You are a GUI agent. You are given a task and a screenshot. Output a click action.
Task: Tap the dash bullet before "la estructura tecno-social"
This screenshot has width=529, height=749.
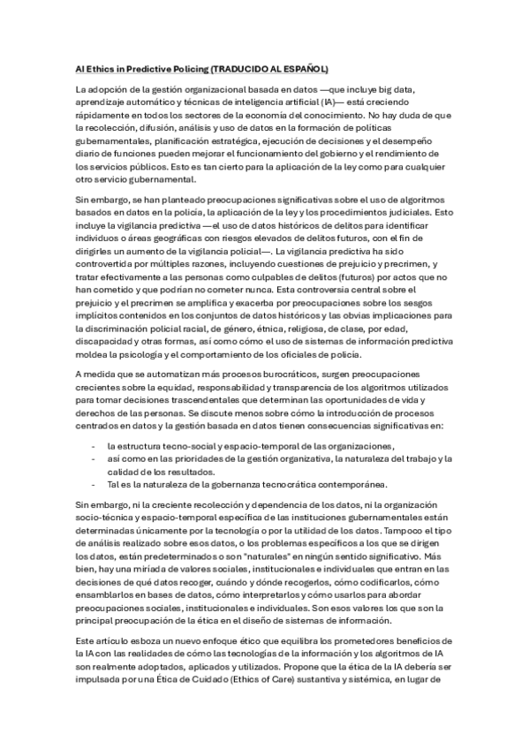point(94,444)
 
